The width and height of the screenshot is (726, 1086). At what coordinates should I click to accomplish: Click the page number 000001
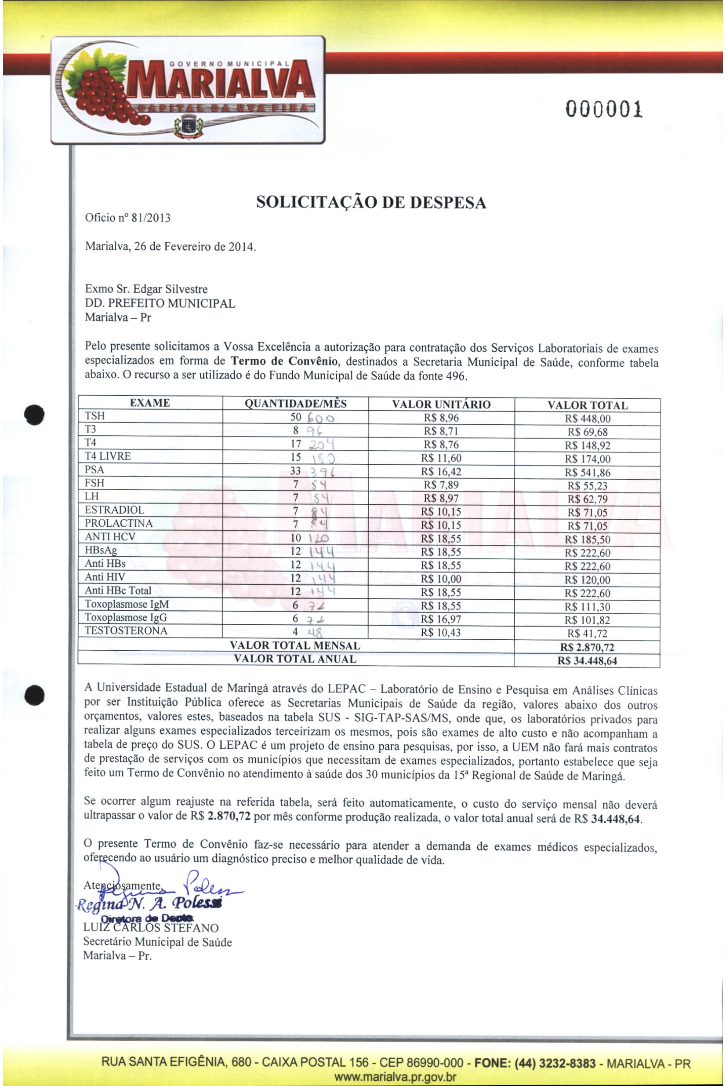tap(604, 110)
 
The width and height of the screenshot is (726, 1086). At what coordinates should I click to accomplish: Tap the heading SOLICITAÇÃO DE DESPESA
tap(371, 203)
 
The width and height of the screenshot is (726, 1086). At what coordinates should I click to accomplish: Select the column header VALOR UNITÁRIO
tap(441, 405)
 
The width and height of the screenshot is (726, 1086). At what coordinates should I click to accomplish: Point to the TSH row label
tap(95, 416)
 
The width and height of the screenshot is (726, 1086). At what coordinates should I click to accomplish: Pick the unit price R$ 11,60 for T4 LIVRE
tap(441, 458)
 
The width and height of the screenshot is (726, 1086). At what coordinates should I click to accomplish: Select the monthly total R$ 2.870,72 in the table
tap(587, 648)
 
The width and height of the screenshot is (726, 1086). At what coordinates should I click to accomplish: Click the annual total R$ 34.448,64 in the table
tap(587, 661)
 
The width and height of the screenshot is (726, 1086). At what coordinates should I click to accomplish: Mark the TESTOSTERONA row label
tap(126, 631)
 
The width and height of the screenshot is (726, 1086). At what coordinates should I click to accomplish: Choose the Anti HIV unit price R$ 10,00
tap(441, 579)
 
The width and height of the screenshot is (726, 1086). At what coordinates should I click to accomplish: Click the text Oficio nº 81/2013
tap(128, 218)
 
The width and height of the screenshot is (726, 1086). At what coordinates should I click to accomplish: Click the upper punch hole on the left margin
tap(35, 414)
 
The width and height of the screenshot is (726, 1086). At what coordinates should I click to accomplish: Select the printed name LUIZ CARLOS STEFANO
tap(151, 928)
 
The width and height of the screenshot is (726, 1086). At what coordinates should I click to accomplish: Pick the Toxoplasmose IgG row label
tap(126, 617)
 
